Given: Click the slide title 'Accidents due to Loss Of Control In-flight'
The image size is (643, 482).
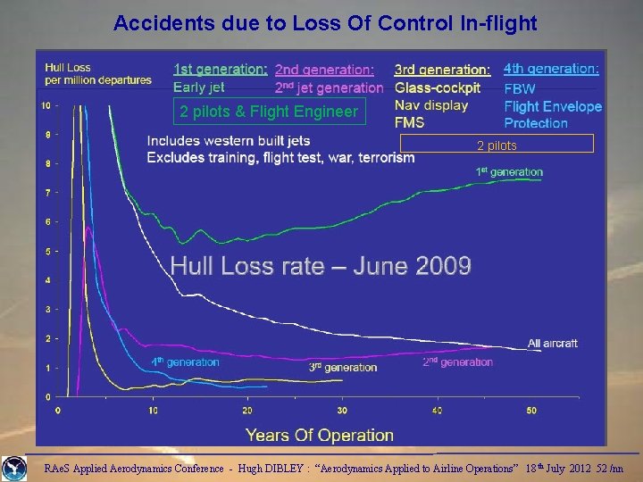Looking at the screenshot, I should (325, 23).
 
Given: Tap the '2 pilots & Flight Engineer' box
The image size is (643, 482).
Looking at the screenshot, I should (269, 112).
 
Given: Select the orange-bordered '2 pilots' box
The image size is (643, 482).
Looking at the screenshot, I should (497, 145).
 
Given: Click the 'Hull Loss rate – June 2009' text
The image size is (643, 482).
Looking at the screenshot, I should (321, 265).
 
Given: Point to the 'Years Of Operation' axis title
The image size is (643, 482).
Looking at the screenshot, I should (320, 436).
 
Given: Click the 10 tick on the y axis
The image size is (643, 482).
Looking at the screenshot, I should (46, 106).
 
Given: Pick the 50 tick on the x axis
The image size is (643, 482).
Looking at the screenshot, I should (532, 411).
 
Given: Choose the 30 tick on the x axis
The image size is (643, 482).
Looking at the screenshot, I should (342, 411).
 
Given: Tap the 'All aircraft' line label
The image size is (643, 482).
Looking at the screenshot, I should (552, 344).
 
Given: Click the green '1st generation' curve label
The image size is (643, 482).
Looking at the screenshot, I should (509, 171).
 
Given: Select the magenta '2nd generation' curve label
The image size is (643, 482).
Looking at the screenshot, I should (457, 361).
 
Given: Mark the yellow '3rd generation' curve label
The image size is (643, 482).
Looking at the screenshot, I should (343, 367).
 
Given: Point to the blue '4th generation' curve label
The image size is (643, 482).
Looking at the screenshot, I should (184, 361).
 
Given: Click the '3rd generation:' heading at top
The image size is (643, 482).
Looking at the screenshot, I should (442, 70).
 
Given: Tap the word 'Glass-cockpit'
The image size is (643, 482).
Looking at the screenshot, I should (438, 87).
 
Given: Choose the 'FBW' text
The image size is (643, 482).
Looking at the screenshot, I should (520, 89).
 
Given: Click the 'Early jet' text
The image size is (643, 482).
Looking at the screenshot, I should (199, 87).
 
